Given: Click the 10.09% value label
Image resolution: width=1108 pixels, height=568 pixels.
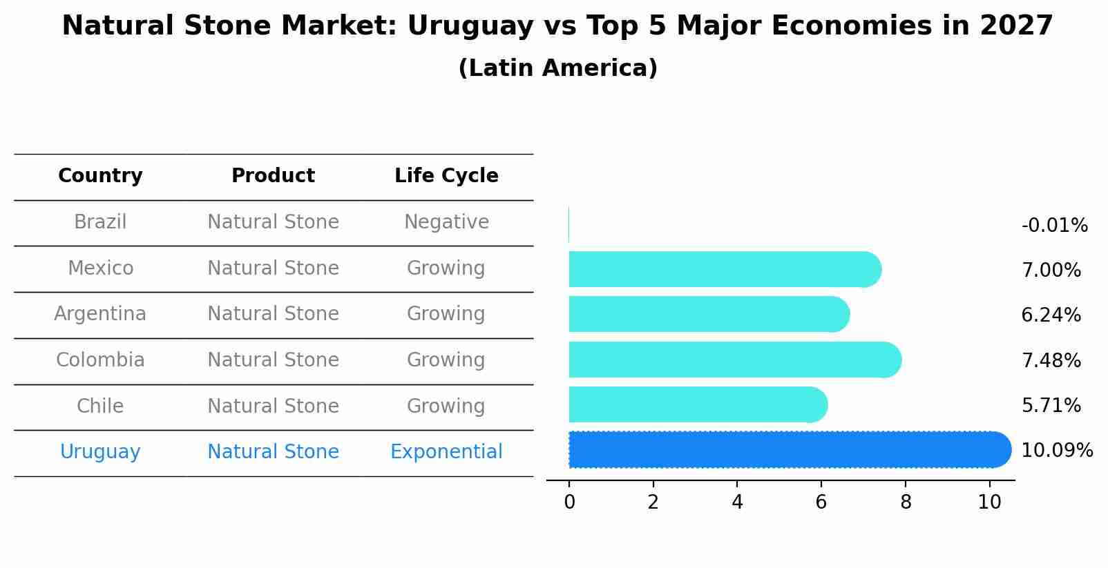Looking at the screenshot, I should tap(1056, 451).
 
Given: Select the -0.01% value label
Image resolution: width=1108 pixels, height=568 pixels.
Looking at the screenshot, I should tap(1054, 226).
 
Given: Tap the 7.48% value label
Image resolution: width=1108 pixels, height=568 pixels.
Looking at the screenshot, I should tap(1051, 360).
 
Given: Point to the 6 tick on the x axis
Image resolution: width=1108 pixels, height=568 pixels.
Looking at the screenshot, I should tap(821, 502).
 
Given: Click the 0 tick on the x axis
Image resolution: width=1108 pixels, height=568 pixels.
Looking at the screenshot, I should tap(569, 502).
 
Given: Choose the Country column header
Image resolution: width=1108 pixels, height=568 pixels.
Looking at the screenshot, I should tap(100, 176).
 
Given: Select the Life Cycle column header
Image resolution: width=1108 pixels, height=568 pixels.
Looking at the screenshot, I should tap(446, 176).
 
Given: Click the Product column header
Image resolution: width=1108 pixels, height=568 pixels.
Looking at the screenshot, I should tap(273, 176).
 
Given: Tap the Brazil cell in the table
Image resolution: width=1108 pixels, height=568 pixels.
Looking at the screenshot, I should tap(100, 222).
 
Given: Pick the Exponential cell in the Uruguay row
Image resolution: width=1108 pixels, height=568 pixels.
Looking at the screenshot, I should tap(446, 452).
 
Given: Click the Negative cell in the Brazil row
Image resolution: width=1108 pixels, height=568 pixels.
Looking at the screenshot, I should tap(446, 222).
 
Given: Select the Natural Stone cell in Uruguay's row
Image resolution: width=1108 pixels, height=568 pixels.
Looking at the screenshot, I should tap(273, 452).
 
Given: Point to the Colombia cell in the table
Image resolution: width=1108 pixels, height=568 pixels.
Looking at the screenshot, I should tap(100, 360).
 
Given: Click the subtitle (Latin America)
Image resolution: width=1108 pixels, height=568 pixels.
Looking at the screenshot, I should tap(557, 68).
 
